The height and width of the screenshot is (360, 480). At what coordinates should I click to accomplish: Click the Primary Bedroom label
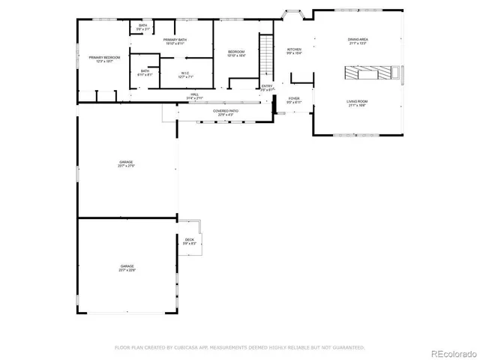(104, 59)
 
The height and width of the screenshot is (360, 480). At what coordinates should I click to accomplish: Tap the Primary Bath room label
(175, 41)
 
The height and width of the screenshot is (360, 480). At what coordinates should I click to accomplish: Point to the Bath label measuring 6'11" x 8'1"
(145, 73)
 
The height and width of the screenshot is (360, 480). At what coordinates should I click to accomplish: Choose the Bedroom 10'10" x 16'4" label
(236, 53)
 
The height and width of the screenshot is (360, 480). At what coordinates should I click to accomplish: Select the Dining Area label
(357, 40)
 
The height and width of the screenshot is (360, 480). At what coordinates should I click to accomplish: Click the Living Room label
(357, 103)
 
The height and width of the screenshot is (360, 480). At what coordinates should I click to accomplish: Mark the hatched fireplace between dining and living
(372, 73)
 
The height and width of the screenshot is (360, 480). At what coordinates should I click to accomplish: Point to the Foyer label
(294, 100)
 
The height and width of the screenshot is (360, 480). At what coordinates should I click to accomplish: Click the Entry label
(268, 88)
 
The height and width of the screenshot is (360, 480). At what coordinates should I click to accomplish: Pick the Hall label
(194, 96)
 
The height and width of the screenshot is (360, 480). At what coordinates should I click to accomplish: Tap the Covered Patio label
(226, 112)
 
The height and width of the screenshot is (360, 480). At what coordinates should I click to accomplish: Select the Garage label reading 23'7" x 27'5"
(126, 163)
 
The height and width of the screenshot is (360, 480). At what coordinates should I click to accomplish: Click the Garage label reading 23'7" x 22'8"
(126, 268)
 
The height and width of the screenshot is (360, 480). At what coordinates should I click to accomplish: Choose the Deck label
(189, 241)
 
